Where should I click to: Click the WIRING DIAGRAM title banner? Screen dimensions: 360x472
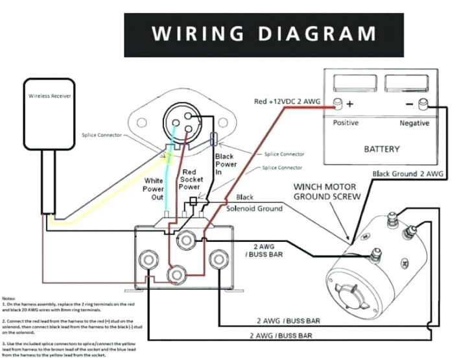tap(263, 34)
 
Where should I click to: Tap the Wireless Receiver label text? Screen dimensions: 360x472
tap(49, 95)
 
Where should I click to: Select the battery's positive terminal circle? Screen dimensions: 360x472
tap(337, 103)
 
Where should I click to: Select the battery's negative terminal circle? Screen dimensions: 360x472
tap(424, 103)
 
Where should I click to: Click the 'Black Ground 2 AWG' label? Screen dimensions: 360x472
tap(408, 174)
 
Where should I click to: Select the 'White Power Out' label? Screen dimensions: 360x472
tap(153, 189)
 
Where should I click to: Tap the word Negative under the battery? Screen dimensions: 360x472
tap(414, 123)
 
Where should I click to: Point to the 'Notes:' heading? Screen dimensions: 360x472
tap(10, 296)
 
